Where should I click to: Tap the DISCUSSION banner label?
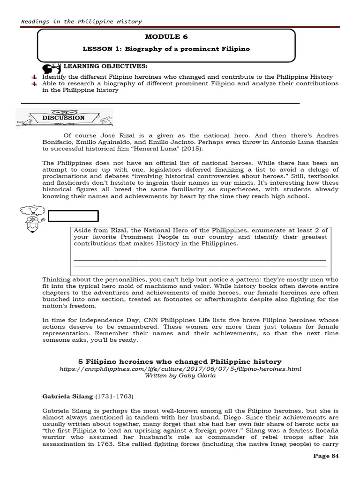point(63,118)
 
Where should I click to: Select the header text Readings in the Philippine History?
point(82,22)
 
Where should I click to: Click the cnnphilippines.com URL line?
point(180,369)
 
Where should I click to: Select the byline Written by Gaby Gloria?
point(180,376)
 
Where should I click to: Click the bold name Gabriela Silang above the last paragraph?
point(68,397)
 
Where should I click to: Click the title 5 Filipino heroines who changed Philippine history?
point(180,361)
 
